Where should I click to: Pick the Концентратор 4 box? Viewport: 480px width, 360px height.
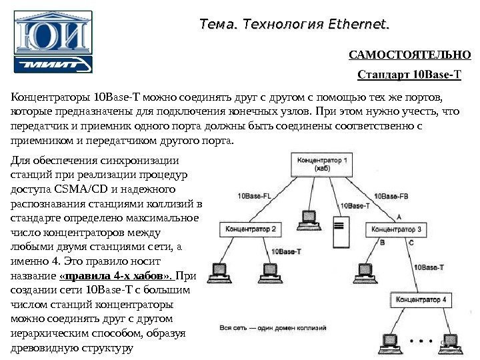pos(421,300)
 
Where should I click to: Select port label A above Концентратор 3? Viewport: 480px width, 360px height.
pos(399,217)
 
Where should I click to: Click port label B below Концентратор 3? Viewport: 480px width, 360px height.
pos(382,243)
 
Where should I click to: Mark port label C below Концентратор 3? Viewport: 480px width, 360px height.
pos(411,243)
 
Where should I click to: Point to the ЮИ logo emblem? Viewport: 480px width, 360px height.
pos(53,33)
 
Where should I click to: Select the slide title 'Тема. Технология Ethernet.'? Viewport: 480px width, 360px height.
pos(295,25)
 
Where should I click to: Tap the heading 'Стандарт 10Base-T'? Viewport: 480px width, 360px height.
pos(409,74)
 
